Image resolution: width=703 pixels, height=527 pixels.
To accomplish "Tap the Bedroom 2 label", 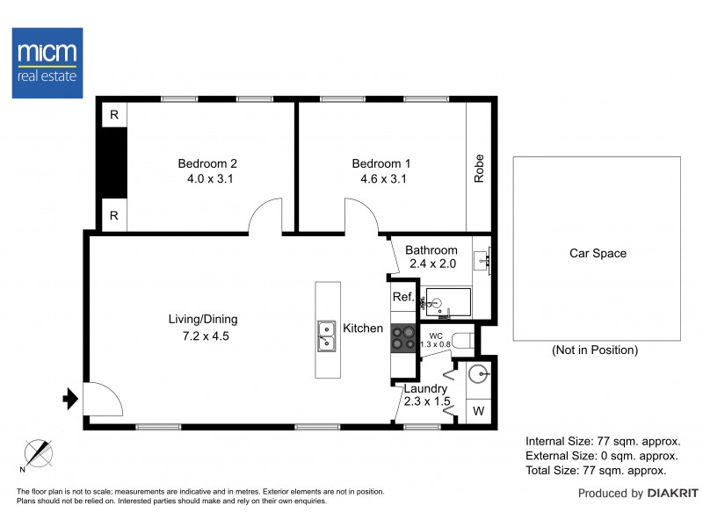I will [x=207, y=163].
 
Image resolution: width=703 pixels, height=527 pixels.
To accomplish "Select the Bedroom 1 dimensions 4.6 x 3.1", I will [x=381, y=178].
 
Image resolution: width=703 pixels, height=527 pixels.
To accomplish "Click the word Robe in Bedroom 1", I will [x=479, y=169].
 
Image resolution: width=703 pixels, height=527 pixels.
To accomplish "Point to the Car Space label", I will [x=598, y=253].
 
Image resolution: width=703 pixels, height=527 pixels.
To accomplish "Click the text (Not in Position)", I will [x=594, y=350].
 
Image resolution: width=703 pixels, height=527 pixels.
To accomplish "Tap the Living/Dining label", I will [x=203, y=319].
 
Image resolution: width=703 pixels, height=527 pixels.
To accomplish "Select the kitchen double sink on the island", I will [x=327, y=335].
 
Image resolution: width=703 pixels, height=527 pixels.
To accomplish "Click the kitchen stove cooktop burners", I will [x=403, y=338].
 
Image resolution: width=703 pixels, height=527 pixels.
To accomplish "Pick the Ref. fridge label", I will [x=402, y=297].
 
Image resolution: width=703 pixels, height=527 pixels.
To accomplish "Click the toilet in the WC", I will [x=463, y=339].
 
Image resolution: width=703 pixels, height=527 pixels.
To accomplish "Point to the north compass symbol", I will [x=38, y=453].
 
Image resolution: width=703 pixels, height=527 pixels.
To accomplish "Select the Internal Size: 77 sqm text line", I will [x=602, y=442].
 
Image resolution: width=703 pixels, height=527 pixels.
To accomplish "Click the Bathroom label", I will [x=431, y=250].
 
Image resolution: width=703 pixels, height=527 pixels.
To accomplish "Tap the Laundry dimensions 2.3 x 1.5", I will [x=425, y=402].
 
